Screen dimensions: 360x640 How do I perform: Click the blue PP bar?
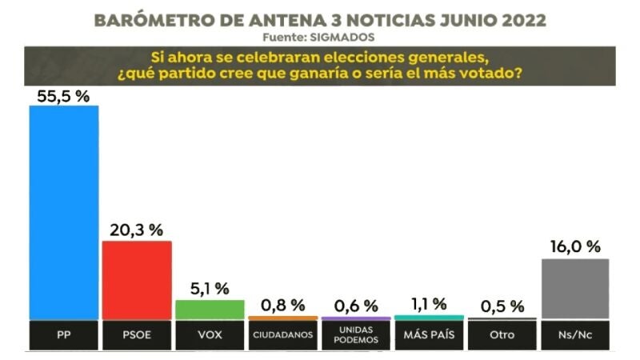tap(63, 212)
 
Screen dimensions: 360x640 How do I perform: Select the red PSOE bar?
tap(137, 280)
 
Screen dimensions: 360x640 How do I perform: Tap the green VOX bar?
tap(210, 310)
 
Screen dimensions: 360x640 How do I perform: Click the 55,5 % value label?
tap(63, 96)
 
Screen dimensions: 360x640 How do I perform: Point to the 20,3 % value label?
tap(137, 230)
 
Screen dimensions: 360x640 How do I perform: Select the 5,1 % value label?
tap(210, 289)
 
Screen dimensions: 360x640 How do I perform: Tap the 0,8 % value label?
tap(283, 305)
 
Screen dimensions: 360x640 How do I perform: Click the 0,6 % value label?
tap(357, 306)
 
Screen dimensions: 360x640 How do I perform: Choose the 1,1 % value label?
tap(430, 304)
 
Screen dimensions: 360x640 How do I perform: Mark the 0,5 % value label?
tap(502, 306)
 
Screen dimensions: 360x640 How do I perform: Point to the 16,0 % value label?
tap(575, 247)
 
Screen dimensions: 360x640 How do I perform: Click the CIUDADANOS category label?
tap(283, 335)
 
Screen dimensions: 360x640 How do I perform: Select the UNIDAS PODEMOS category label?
tap(357, 335)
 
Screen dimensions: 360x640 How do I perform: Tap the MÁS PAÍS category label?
tap(430, 334)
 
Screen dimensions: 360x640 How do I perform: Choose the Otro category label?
tap(502, 334)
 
